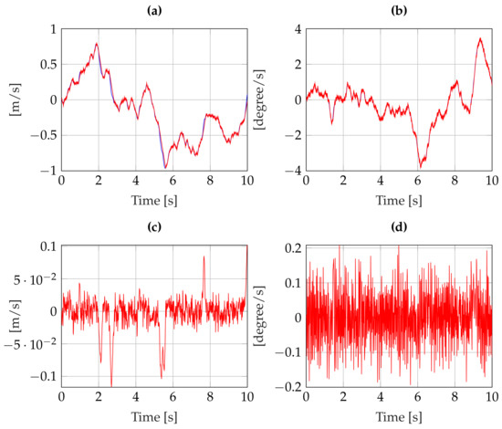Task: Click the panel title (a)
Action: click(x=154, y=10)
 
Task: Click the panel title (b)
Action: click(x=399, y=10)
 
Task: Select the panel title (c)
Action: click(x=154, y=228)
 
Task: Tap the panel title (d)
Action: click(x=399, y=228)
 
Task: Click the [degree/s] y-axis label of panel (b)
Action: click(x=259, y=99)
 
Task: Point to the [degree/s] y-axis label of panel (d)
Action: click(x=259, y=318)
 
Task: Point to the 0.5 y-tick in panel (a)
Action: click(x=46, y=65)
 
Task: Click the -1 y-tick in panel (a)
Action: click(x=47, y=171)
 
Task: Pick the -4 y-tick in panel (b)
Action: click(x=292, y=171)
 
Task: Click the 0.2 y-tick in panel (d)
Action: click(x=290, y=247)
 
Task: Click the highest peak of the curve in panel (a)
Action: click(x=97, y=43)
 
